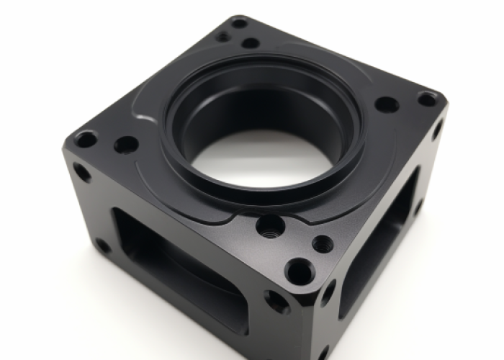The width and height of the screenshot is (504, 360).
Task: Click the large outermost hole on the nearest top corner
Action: [299, 271]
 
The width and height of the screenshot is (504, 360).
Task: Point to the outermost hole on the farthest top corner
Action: [239, 23]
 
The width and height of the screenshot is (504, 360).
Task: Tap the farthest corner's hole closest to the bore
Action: [251, 43]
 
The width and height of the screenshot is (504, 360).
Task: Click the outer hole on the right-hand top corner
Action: [428, 99]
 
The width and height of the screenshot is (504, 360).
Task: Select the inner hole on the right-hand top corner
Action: [387, 104]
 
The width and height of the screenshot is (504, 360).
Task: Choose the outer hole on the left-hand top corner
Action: [86, 139]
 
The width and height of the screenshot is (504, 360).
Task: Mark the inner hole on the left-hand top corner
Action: [126, 145]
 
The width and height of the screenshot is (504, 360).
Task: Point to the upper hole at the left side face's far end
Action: [81, 172]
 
